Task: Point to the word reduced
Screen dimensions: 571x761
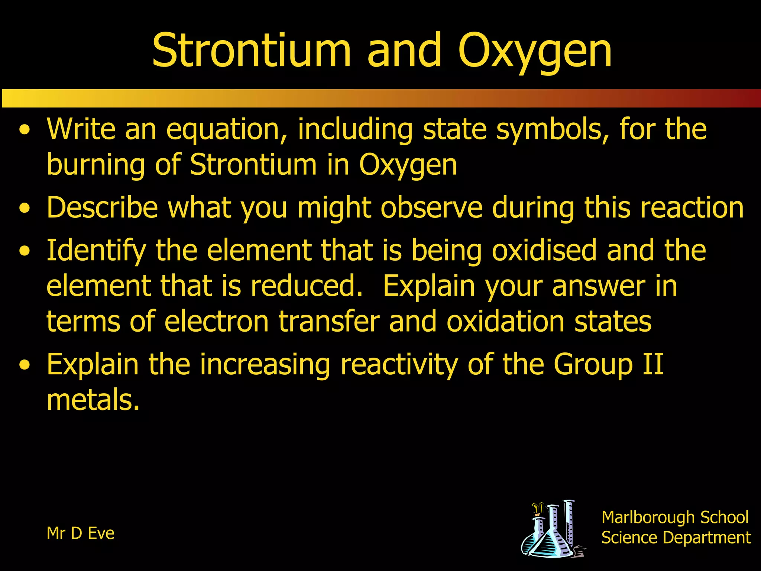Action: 307,286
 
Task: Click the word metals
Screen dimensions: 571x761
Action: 93,400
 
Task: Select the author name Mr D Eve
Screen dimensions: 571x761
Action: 80,533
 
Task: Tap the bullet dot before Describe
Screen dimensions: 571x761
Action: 25,208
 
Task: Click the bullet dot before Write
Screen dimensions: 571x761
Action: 25,130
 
